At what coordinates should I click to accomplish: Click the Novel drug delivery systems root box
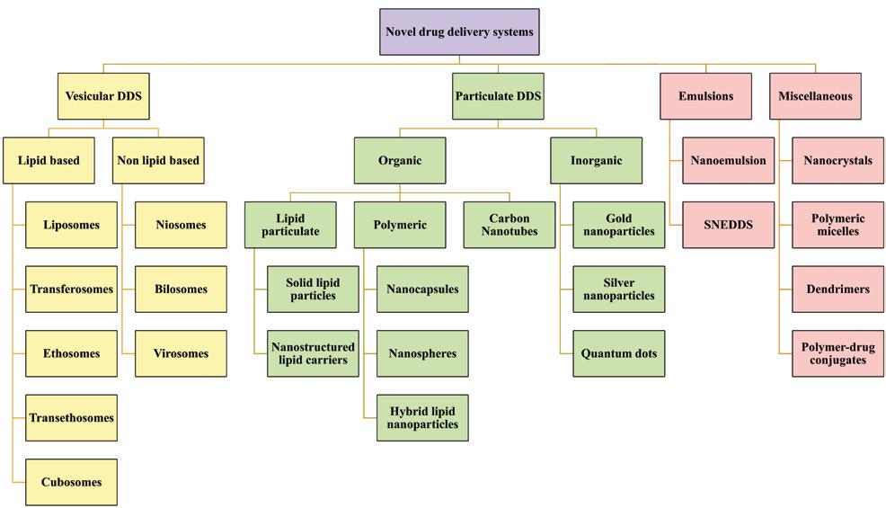coord(459,31)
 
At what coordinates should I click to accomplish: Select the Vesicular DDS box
coord(103,96)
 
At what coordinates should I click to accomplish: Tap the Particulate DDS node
coord(498,96)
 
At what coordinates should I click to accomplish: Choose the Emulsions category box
coord(705,96)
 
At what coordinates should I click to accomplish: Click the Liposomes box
coord(71,225)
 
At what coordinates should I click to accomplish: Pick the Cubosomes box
coord(71,482)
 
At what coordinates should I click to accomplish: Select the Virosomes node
coord(181,353)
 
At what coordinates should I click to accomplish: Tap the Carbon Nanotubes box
coord(509,225)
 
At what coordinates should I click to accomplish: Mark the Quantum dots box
coord(618,353)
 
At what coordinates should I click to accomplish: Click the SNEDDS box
coord(728,225)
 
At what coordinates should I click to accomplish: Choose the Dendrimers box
coord(838,290)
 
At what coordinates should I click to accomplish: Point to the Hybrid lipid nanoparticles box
coord(422,418)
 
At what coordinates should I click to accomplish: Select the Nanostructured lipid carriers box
coord(313,353)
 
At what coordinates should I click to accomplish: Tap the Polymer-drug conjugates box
coord(838,353)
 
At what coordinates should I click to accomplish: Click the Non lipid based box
coord(158,161)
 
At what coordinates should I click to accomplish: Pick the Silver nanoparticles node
coord(618,290)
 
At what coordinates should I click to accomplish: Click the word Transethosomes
coord(71,418)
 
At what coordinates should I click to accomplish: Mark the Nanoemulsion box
coord(728,161)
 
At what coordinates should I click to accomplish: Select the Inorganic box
coord(596,161)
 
